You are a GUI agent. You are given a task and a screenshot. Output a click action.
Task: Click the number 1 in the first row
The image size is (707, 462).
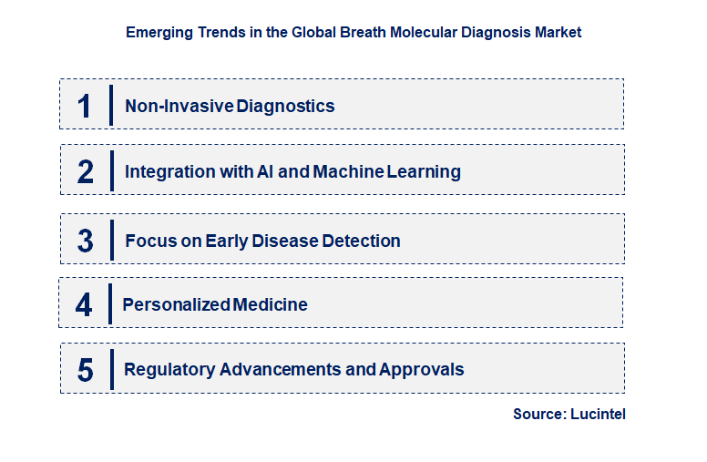point(85,106)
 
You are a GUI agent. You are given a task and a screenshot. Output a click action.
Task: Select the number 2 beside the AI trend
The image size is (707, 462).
point(86,171)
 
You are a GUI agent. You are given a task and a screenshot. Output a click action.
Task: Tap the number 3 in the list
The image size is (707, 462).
point(86,241)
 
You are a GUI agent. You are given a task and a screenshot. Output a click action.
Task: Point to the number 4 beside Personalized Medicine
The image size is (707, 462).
point(84,304)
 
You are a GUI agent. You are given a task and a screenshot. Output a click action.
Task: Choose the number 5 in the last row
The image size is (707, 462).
point(86,370)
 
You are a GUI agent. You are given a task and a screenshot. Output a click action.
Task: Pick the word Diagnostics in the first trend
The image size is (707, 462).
point(286,106)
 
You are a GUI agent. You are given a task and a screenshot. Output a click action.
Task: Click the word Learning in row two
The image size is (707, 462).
point(424,171)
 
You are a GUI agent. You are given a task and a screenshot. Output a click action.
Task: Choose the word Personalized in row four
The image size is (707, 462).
point(176,304)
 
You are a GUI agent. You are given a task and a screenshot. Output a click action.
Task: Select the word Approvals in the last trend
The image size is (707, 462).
point(422,370)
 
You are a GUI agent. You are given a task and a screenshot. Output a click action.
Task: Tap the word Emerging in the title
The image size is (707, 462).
point(158,32)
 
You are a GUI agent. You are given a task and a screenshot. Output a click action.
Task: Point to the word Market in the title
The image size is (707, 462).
point(558,32)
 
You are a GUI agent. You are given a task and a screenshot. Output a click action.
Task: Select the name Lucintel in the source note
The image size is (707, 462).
point(599,414)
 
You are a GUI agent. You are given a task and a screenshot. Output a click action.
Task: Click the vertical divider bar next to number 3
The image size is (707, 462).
point(112,241)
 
